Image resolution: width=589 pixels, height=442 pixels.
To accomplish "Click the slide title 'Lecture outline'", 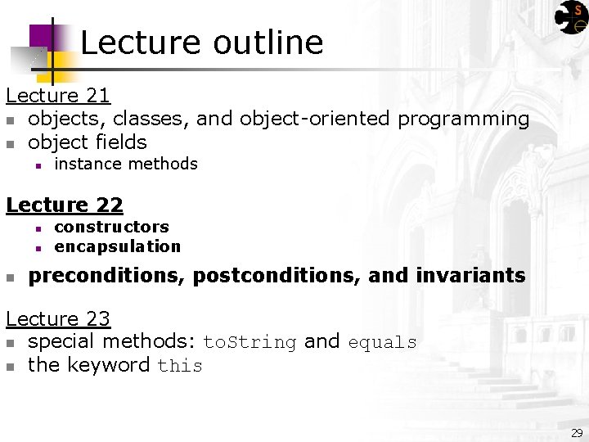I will [x=201, y=43].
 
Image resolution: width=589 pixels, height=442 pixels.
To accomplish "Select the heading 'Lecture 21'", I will [x=58, y=96].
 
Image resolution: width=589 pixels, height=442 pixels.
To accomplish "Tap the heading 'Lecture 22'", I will [x=65, y=205].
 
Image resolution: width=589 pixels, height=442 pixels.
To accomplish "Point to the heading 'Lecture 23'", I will [x=58, y=318].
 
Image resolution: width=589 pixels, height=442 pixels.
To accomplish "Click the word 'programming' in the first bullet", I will [x=464, y=120].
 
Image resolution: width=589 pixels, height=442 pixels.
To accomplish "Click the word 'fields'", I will [x=120, y=142].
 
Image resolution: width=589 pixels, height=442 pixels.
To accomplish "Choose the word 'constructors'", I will [x=111, y=227].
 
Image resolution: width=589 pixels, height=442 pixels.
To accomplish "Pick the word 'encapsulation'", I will [x=117, y=246].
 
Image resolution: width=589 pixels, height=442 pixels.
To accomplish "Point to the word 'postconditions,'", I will [x=277, y=276].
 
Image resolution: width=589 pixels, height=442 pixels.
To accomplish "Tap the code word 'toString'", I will [x=250, y=342].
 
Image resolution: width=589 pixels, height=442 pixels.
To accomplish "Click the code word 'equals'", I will [x=382, y=342].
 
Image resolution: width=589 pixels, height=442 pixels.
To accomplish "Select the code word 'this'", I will [x=180, y=366].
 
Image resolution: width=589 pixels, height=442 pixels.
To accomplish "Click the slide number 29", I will [x=577, y=432].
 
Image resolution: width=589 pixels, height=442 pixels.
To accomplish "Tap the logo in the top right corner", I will [x=571, y=17].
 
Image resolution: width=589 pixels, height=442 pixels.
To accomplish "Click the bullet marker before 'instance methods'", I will [x=38, y=165].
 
